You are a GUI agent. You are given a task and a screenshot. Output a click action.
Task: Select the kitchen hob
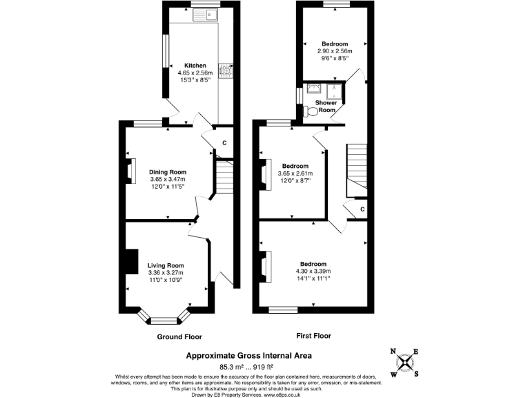[225, 69]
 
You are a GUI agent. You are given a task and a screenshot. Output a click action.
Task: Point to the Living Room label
[166, 265]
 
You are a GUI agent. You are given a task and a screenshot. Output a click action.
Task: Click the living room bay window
[164, 320]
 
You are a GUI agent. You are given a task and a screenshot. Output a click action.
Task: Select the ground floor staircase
[224, 178]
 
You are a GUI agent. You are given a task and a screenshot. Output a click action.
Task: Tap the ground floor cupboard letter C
[224, 143]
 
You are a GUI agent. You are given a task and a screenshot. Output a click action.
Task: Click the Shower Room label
[326, 106]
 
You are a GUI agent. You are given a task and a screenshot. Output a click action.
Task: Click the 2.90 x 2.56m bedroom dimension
[335, 52]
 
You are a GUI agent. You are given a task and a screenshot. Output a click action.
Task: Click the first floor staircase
[357, 169]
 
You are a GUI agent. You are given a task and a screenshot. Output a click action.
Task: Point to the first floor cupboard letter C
[362, 209]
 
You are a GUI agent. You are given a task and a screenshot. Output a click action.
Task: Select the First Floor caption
[313, 336]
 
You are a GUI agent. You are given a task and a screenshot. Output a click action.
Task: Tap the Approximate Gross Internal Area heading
[249, 355]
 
